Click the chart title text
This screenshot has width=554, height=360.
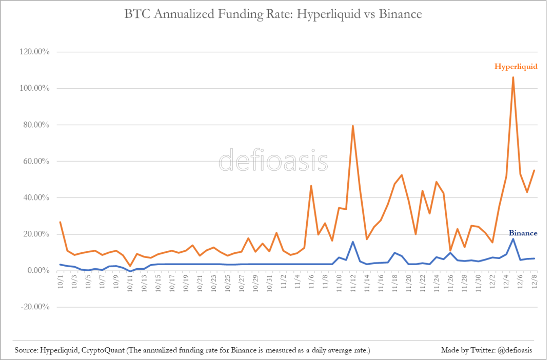[273, 14]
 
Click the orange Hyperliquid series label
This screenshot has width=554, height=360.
[516, 66]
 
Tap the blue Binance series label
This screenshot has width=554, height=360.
[522, 233]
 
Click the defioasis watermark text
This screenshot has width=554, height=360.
[273, 161]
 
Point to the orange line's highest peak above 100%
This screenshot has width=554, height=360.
[513, 76]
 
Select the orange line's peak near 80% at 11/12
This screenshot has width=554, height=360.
[353, 125]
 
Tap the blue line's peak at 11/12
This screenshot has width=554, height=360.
[353, 242]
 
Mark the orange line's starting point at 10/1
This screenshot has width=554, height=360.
[61, 222]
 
